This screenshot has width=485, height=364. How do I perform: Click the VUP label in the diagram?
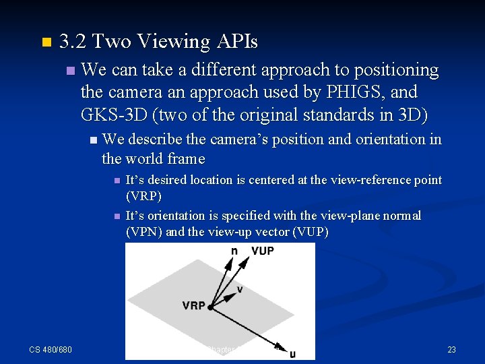pyautogui.click(x=263, y=251)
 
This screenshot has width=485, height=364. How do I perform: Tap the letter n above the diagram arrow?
pyautogui.click(x=234, y=251)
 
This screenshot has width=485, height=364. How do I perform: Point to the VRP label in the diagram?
pyautogui.click(x=193, y=305)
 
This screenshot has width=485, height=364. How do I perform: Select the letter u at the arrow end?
pyautogui.click(x=292, y=353)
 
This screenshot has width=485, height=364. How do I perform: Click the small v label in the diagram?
pyautogui.click(x=240, y=289)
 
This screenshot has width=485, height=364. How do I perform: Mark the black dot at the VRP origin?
pyautogui.click(x=211, y=307)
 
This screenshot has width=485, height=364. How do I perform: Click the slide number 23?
pyautogui.click(x=451, y=349)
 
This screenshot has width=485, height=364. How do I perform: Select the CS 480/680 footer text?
pyautogui.click(x=51, y=349)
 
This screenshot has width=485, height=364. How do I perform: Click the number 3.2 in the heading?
pyautogui.click(x=73, y=42)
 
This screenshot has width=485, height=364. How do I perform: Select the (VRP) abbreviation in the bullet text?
pyautogui.click(x=144, y=196)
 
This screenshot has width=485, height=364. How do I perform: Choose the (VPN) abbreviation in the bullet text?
pyautogui.click(x=144, y=232)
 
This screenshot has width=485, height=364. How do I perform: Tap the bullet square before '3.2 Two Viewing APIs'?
pyautogui.click(x=46, y=42)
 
